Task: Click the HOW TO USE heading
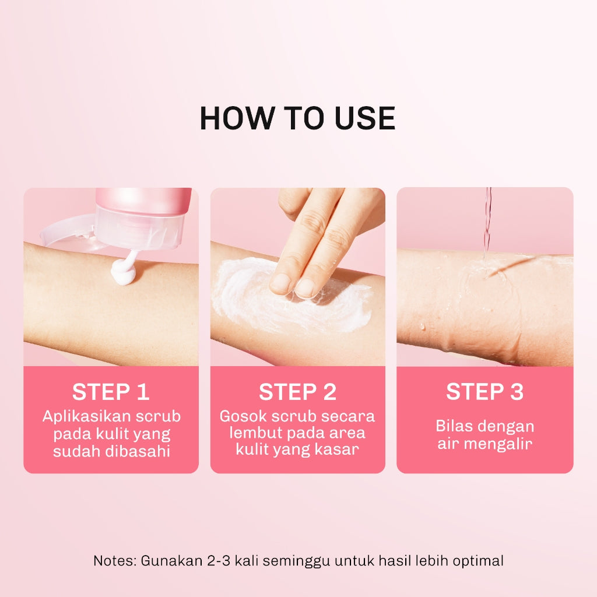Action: pos(297,118)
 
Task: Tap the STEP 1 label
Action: pos(111,392)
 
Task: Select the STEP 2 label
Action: pos(297,392)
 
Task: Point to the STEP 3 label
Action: pos(484,392)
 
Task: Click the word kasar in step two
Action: pos(339,450)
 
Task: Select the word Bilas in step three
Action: pos(454,426)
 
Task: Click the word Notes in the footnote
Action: pos(114,561)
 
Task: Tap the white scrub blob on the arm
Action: pos(124,273)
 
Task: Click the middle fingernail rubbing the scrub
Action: pos(305,287)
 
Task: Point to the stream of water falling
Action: pos(487,222)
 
